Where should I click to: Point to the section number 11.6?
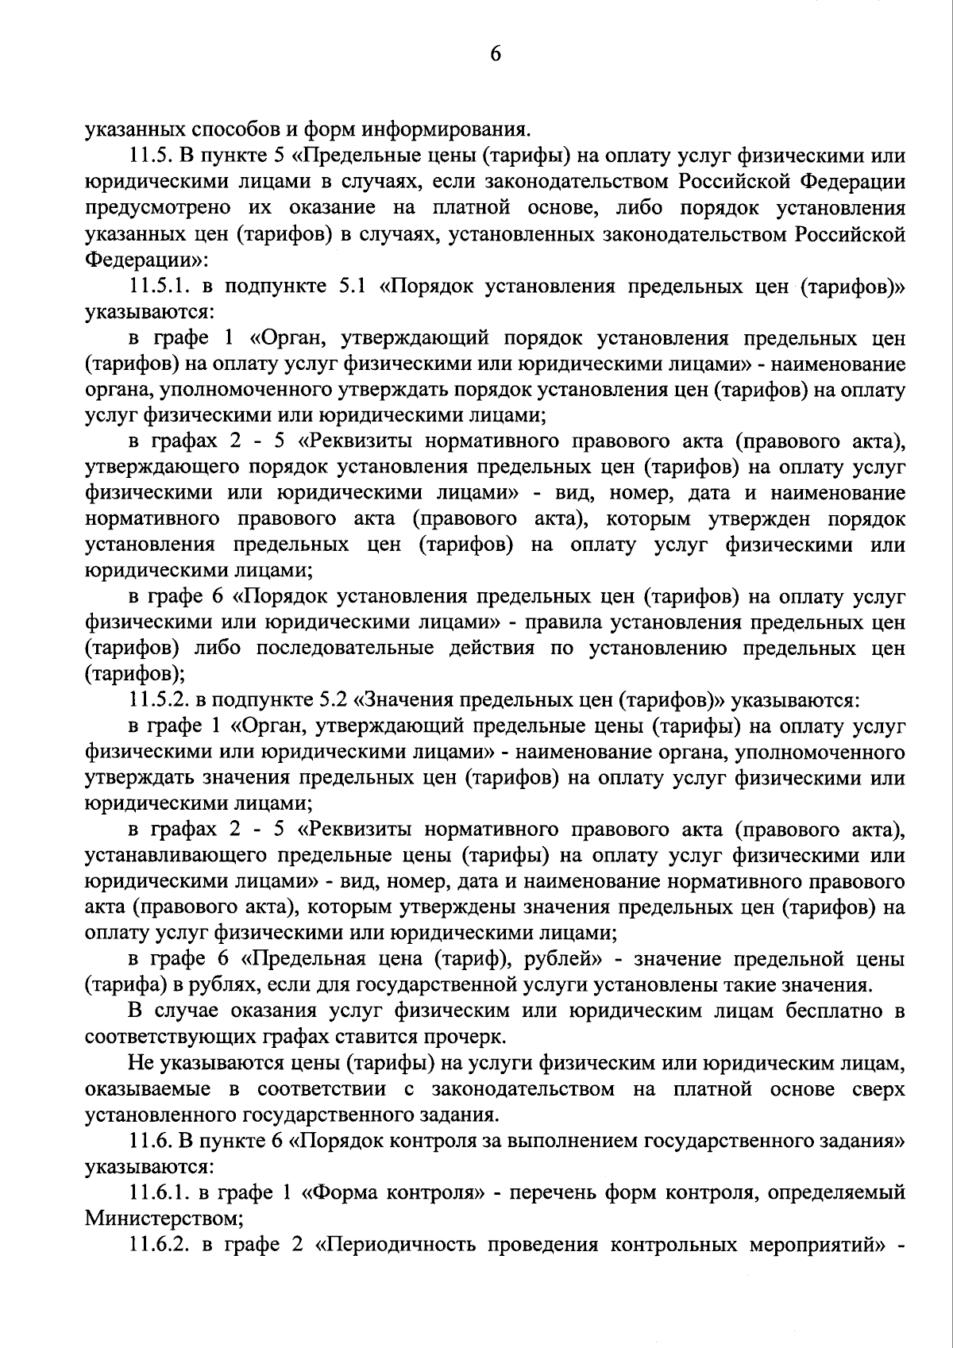pyautogui.click(x=149, y=1141)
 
